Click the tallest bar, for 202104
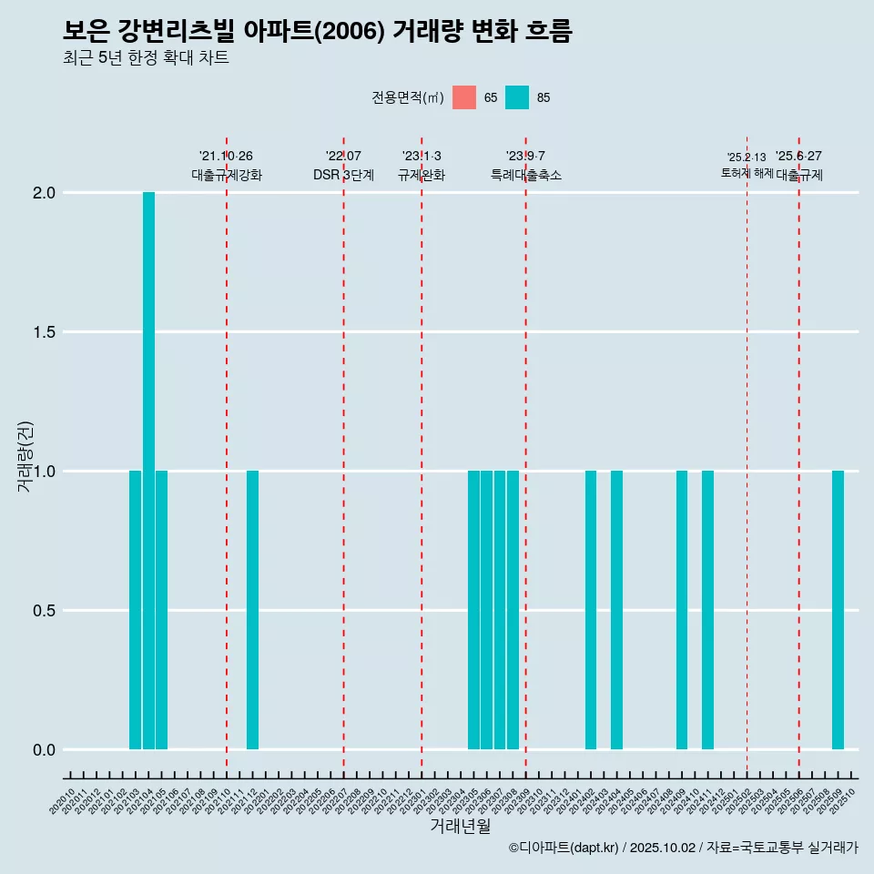(148, 471)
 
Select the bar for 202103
(135, 610)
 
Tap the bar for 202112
(252, 610)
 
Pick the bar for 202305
(473, 610)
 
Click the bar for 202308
(513, 610)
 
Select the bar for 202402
(591, 610)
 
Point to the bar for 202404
(616, 610)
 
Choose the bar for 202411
(707, 610)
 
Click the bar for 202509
(838, 610)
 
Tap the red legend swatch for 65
(464, 97)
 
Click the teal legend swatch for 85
(517, 97)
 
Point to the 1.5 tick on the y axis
(43, 332)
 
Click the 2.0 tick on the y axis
(43, 193)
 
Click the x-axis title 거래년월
(460, 827)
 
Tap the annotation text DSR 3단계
(343, 176)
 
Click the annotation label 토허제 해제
(747, 173)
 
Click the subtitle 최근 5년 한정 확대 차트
(146, 58)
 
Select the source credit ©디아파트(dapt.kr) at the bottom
(564, 849)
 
